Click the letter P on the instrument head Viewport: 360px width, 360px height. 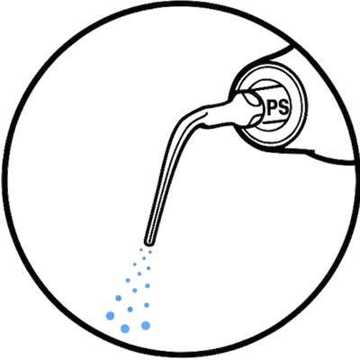[272, 108]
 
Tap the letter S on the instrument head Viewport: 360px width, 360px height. [283, 108]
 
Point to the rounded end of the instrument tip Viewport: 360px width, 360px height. [148, 241]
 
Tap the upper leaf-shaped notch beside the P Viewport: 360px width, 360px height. [251, 98]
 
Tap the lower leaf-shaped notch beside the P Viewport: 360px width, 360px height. [255, 120]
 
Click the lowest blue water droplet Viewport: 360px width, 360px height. [125, 328]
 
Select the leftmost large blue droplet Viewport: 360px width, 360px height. [111, 316]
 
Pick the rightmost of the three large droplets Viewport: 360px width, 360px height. [146, 326]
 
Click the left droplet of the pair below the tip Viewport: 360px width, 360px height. [140, 249]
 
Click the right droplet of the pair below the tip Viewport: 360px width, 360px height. [150, 252]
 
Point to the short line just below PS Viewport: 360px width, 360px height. [274, 121]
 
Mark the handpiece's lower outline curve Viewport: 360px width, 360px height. [318, 156]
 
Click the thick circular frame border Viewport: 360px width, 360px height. [180, 4]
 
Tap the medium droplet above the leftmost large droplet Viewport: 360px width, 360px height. [119, 298]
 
